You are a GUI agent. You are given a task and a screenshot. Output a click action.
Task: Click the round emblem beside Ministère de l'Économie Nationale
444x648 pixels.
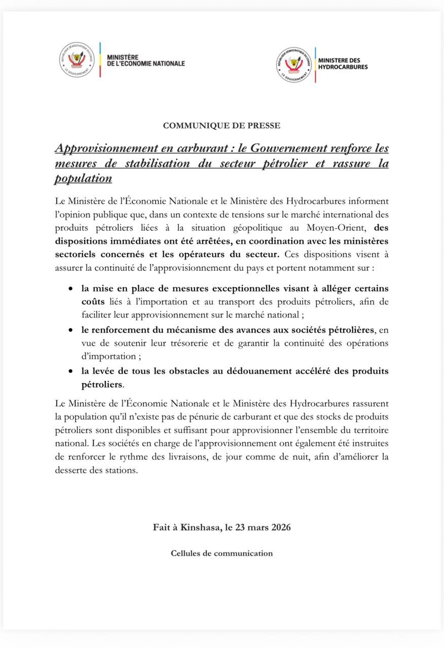click(x=77, y=60)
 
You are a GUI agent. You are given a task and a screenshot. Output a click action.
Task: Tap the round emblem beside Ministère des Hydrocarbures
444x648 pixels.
click(x=294, y=65)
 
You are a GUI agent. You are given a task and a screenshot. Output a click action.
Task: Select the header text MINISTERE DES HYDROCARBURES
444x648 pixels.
click(x=343, y=64)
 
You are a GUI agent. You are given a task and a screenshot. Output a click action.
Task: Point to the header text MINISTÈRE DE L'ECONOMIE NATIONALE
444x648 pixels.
click(x=145, y=60)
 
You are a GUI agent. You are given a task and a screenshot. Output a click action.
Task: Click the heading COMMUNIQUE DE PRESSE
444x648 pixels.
click(x=221, y=125)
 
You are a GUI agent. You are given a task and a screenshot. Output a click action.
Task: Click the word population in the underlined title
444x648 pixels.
click(x=83, y=179)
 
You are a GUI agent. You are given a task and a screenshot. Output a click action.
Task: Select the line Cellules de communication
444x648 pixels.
click(x=221, y=553)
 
